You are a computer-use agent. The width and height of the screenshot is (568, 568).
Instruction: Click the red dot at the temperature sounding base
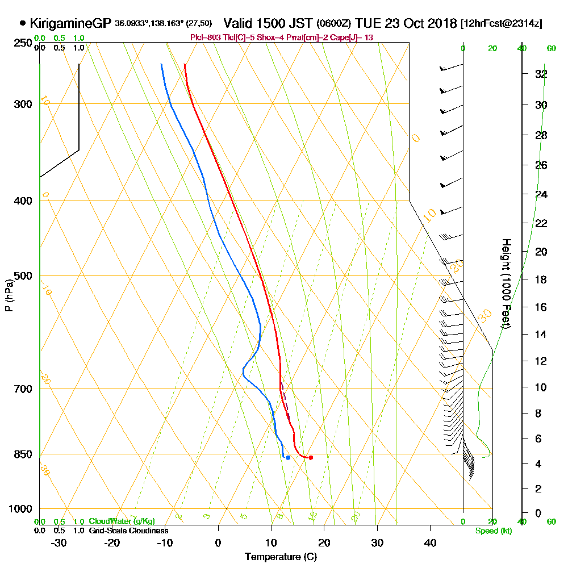(310, 457)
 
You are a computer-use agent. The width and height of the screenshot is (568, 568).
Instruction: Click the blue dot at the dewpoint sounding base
(288, 457)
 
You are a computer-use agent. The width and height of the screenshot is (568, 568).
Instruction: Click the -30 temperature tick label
(59, 542)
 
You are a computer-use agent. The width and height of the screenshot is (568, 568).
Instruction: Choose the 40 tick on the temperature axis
(430, 542)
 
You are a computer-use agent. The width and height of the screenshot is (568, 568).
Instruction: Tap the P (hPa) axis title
(9, 295)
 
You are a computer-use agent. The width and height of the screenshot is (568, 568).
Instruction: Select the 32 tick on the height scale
(541, 74)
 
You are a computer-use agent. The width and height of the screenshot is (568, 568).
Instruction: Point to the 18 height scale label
(541, 279)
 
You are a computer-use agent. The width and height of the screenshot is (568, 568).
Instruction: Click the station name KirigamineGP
(70, 24)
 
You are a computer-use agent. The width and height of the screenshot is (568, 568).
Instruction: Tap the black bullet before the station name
(23, 24)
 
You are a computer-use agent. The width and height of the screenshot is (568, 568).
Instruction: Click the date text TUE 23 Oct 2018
(406, 24)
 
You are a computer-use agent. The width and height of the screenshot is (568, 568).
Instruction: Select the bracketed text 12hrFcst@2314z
(502, 24)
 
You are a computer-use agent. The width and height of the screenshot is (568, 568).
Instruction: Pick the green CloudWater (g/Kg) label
(122, 521)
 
